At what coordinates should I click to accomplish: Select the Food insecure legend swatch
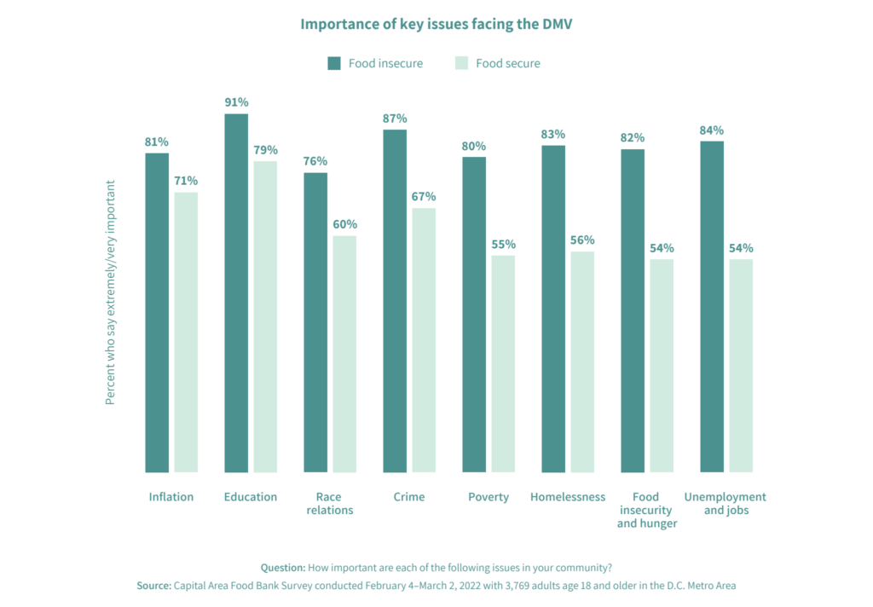tap(334, 63)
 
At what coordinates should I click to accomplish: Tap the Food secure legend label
tap(507, 63)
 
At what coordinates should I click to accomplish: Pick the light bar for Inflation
tap(186, 332)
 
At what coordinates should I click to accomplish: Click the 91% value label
tap(236, 102)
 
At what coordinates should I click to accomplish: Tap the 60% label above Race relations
tap(344, 224)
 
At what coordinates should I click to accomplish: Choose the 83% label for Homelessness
tap(553, 134)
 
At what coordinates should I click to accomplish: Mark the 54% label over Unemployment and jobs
tap(741, 248)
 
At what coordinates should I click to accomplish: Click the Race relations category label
tap(328, 503)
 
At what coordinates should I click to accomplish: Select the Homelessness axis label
tap(568, 497)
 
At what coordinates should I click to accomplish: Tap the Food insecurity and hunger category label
tap(647, 510)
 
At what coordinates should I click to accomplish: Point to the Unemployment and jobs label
tap(726, 503)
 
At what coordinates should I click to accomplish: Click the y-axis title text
tap(110, 292)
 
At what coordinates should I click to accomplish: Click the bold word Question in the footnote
tap(283, 567)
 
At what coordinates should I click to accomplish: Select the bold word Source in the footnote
tap(153, 586)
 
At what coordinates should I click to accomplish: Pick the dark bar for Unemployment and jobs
tap(712, 306)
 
